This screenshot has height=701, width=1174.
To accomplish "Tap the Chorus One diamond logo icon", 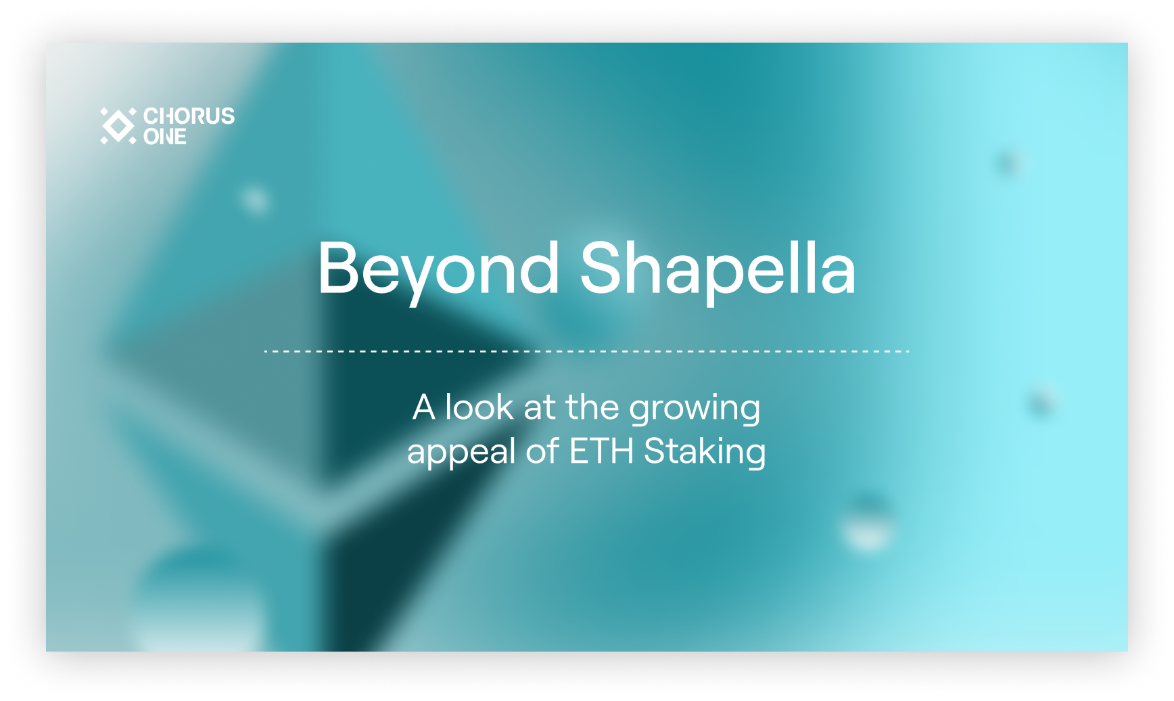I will click(x=118, y=125).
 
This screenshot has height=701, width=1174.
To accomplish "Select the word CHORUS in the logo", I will click(x=189, y=116).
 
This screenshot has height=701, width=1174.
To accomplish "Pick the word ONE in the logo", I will click(x=165, y=137).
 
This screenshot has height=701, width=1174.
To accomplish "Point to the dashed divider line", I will click(x=586, y=351).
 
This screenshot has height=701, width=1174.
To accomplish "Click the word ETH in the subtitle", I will click(x=601, y=451).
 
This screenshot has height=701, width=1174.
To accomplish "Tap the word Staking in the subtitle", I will click(x=705, y=452).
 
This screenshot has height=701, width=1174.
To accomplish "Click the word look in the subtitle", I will click(x=479, y=407).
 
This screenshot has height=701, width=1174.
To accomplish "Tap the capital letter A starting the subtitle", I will click(x=424, y=407).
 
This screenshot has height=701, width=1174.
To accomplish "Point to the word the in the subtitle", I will click(x=592, y=407).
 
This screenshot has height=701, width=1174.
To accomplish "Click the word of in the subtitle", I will click(x=543, y=451).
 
